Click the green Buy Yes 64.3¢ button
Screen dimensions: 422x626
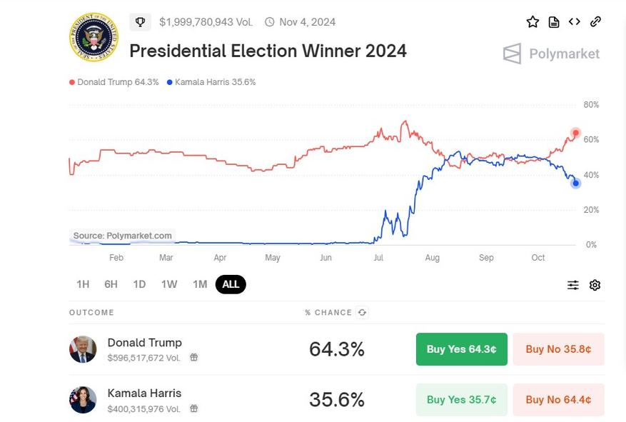click(461, 349)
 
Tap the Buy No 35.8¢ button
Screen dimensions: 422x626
click(558, 349)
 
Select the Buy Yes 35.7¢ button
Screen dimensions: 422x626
click(461, 400)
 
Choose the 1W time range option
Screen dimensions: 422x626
click(169, 284)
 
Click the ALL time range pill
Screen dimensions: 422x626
click(231, 284)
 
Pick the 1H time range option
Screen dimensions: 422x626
click(83, 284)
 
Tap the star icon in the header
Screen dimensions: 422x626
click(532, 22)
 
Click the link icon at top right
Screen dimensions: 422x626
click(595, 21)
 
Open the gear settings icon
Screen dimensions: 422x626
click(595, 285)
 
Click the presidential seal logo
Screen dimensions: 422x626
click(94, 36)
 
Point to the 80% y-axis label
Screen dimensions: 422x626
click(591, 105)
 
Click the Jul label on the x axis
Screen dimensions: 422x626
click(378, 258)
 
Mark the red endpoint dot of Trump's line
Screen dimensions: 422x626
click(575, 134)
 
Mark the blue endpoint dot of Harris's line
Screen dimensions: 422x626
click(575, 184)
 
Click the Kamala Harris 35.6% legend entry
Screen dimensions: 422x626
click(211, 82)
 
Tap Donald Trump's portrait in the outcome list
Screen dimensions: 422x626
click(83, 349)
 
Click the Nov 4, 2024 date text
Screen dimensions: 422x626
click(307, 22)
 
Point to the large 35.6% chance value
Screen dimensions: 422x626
click(336, 400)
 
